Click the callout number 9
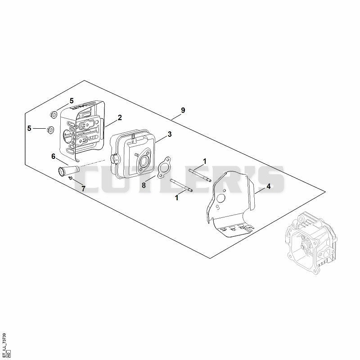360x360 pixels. (183, 110)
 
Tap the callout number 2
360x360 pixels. (120, 117)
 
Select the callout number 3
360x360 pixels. (170, 134)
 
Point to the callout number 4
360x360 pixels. (268, 186)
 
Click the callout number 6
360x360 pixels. (53, 156)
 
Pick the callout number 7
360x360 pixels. (83, 189)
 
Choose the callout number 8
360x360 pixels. (144, 185)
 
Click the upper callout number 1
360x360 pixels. (205, 161)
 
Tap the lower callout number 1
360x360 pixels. (176, 198)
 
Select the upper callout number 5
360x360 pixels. (72, 100)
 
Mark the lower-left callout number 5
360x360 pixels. (29, 128)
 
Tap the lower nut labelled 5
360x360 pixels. (50, 130)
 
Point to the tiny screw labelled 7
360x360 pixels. (71, 178)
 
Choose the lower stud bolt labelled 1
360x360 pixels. (181, 185)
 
